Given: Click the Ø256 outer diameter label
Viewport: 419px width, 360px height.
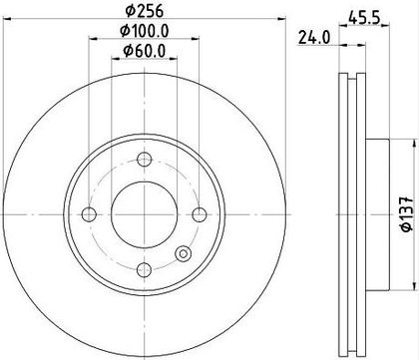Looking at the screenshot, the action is pos(145,11).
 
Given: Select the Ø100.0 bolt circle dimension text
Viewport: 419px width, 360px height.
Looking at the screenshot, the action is pos(145,31).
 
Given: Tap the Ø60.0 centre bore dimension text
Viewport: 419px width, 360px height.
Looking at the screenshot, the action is pos(145,51).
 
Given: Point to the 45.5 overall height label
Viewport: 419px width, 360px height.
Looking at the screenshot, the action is pos(364,17).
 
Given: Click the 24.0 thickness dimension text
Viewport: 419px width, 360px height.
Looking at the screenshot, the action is pos(314,37).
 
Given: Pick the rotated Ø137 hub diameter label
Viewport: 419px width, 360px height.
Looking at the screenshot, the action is pos(407,213).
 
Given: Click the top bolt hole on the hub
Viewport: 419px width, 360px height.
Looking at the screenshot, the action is pos(145,160).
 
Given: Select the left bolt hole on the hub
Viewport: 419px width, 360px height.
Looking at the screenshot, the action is pos(89,214).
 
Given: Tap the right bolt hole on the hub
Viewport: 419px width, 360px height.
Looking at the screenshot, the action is pos(200,214).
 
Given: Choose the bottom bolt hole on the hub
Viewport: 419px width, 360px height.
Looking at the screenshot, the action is pos(145,269).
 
